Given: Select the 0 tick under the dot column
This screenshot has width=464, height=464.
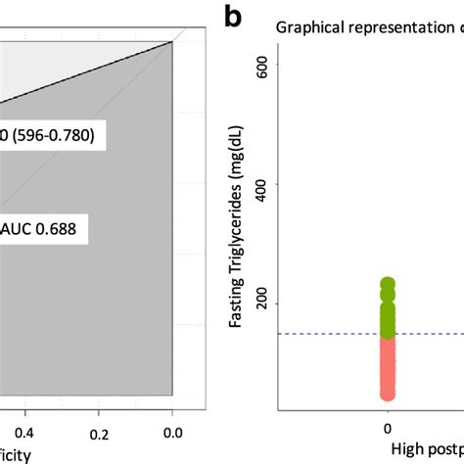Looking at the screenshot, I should pyautogui.click(x=388, y=428).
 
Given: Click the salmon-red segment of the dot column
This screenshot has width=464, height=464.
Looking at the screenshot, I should pyautogui.click(x=388, y=367).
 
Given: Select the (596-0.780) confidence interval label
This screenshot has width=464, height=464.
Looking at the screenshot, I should pyautogui.click(x=49, y=136).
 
